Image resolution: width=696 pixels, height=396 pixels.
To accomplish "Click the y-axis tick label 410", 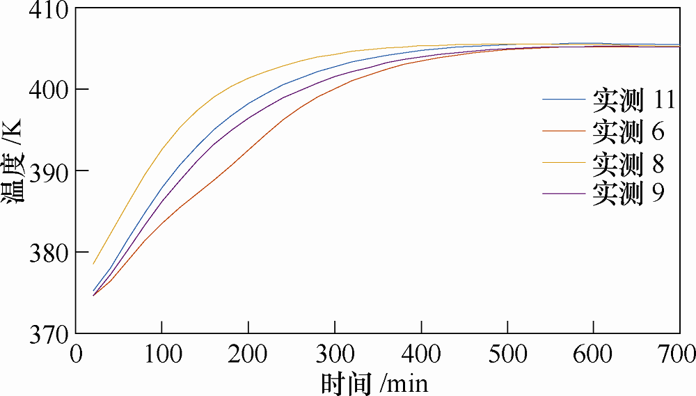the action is (49, 10).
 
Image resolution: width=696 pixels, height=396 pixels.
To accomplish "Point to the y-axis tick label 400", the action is (49, 90).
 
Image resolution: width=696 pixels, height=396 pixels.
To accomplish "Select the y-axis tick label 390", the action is (49, 171).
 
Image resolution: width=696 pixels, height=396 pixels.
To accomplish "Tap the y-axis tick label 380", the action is (49, 253).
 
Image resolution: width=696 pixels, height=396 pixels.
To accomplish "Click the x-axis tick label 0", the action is (77, 354).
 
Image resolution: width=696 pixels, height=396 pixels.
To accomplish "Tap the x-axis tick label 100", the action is (162, 354).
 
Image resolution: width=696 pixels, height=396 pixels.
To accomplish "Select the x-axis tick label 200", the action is (248, 354).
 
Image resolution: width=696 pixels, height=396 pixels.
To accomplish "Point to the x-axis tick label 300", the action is (335, 354).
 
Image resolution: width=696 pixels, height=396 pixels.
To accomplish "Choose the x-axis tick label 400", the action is (421, 354).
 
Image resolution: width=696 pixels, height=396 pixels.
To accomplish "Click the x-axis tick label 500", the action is (507, 354).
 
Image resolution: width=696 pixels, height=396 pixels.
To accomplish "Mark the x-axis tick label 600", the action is (593, 354).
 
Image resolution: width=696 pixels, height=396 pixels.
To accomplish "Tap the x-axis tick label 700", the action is (677, 354).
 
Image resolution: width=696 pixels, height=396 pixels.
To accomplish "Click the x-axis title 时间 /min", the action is (374, 383).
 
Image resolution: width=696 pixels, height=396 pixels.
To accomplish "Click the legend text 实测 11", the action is (634, 100).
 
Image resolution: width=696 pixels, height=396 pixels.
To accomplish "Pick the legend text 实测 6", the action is (628, 132).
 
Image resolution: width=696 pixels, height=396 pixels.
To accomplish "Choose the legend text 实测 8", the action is (628, 163).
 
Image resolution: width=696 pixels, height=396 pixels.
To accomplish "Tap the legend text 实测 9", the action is (628, 193).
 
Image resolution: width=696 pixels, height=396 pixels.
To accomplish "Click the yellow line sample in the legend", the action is (564, 162).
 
